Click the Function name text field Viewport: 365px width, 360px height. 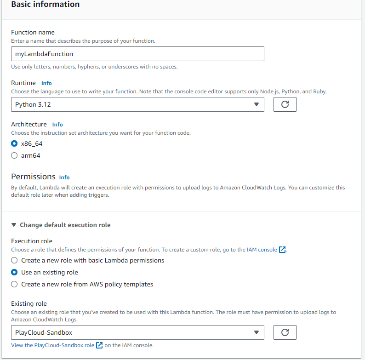[x=137, y=54]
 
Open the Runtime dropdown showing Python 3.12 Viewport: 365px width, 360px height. [x=137, y=104]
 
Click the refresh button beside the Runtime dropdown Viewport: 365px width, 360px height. [x=285, y=104]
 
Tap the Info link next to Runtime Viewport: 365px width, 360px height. [x=46, y=83]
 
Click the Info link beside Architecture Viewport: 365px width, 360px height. [x=57, y=125]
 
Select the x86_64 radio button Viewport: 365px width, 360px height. [x=15, y=143]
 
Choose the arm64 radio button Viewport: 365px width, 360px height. [x=15, y=155]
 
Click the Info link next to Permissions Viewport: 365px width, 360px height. [x=64, y=177]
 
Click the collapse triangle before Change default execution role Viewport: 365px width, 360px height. [x=14, y=225]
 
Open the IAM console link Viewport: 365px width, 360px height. [x=261, y=250]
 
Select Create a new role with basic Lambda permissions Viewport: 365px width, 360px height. [x=15, y=260]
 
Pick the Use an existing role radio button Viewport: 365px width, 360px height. [x=15, y=272]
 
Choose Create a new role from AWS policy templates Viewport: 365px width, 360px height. [x=15, y=284]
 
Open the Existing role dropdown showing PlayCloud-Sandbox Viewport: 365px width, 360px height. [x=137, y=332]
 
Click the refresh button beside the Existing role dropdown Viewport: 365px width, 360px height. [x=285, y=332]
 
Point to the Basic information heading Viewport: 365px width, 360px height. [x=45, y=4]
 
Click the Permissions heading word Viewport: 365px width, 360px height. [x=33, y=177]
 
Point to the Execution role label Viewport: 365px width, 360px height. [x=32, y=241]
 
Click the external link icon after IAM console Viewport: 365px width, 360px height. [x=283, y=250]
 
